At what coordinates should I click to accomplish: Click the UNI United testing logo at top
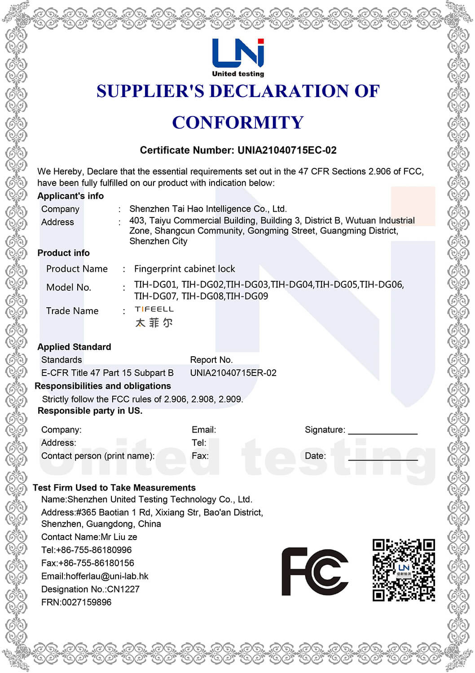[237, 58]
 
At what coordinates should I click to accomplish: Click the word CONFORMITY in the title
[237, 123]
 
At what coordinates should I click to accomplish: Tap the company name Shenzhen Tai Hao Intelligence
[207, 209]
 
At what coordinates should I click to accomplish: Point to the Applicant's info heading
[70, 196]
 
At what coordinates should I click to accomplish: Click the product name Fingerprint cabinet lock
[185, 269]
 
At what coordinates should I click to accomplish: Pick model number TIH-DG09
[247, 296]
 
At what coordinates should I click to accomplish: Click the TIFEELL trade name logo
[154, 309]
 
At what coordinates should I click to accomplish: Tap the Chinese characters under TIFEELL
[154, 323]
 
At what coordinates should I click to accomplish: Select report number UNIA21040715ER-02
[233, 373]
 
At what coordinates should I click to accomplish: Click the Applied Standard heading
[74, 347]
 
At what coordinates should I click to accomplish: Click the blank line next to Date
[383, 459]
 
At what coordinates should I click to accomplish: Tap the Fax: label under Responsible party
[200, 456]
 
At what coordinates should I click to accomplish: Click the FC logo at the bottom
[315, 571]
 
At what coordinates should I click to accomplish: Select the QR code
[404, 570]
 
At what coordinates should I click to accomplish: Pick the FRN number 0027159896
[86, 602]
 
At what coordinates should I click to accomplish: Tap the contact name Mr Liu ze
[119, 537]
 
